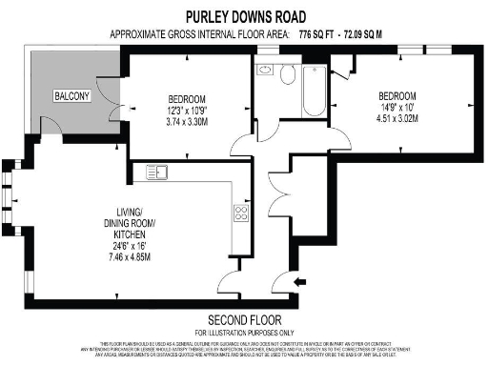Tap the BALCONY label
point(71,96)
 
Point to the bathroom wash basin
point(263,71)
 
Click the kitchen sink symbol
point(158,172)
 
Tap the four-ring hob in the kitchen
point(241,213)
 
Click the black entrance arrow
point(300,281)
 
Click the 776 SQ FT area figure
point(320,33)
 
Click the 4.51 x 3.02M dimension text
point(396,120)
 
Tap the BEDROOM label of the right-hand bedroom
point(396,96)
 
